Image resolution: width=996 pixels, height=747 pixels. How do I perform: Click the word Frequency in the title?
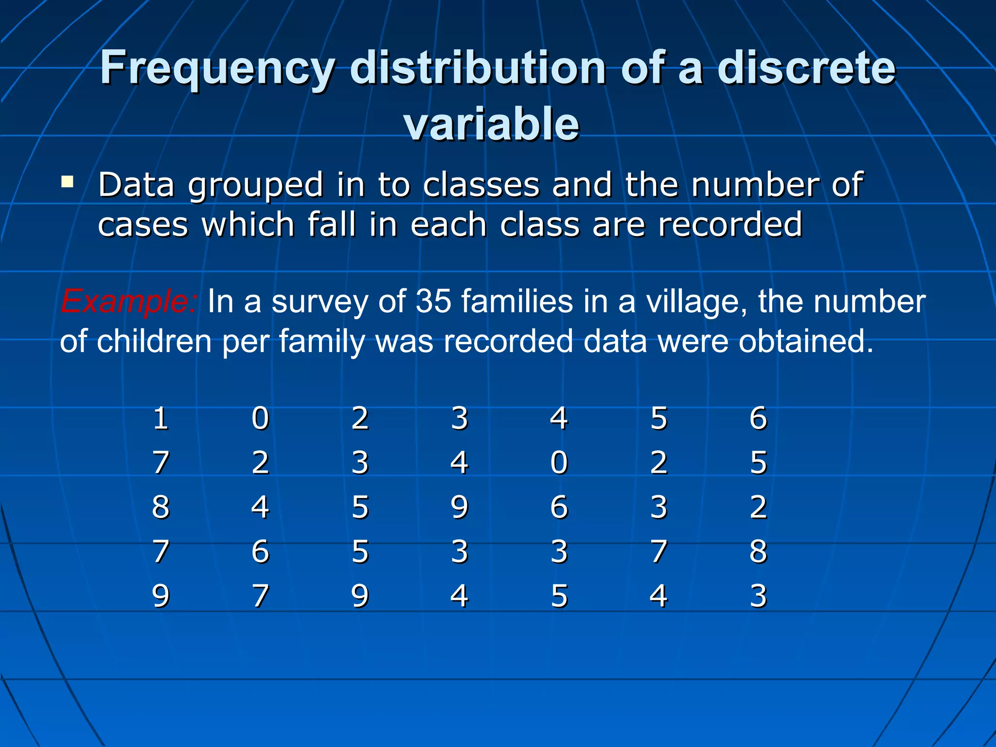tap(217, 69)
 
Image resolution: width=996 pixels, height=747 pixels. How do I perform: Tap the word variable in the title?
tap(491, 124)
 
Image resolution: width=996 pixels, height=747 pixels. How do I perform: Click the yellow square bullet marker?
tap(67, 182)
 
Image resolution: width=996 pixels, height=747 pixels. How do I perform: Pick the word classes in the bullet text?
tap(481, 185)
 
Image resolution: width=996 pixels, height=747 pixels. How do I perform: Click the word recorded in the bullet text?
tap(729, 225)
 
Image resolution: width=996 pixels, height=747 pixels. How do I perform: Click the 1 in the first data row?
tap(160, 418)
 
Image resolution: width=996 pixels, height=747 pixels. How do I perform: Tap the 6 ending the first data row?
tap(758, 418)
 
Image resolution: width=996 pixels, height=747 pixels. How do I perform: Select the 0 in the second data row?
tap(559, 462)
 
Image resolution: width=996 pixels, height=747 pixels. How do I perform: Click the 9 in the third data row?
tap(459, 507)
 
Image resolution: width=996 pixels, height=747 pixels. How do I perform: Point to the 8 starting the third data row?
tap(160, 507)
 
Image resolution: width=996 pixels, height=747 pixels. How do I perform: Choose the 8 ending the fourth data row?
tap(758, 551)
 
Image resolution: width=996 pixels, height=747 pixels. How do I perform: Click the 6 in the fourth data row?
tap(260, 551)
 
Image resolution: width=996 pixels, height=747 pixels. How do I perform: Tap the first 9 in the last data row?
tap(160, 596)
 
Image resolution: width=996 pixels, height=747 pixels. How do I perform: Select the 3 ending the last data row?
tap(758, 596)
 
